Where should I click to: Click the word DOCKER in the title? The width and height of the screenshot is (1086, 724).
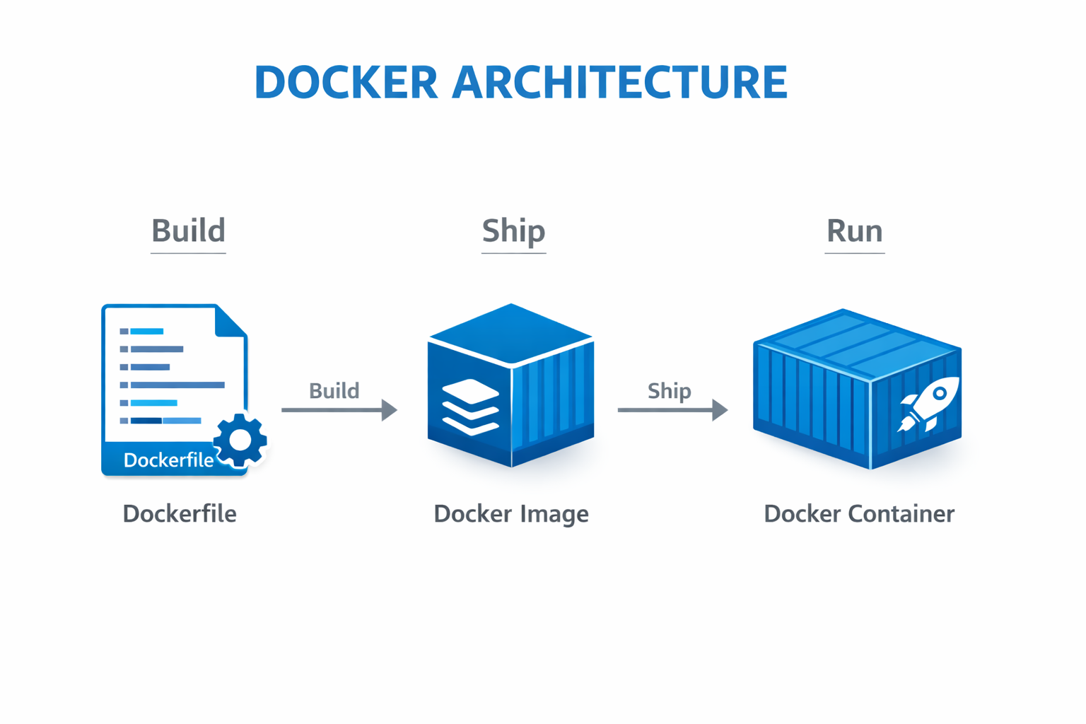[x=346, y=82]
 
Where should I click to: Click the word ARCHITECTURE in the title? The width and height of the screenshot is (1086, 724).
[x=619, y=82]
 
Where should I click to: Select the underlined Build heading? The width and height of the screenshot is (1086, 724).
[x=188, y=231]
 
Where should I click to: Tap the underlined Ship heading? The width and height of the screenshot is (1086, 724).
[x=513, y=231]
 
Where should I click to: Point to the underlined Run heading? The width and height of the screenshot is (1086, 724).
[x=854, y=231]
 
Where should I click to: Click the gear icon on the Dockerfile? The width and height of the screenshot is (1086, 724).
[x=240, y=440]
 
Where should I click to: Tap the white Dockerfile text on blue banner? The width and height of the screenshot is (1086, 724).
[x=168, y=460]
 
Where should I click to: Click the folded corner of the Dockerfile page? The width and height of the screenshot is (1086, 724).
[x=231, y=321]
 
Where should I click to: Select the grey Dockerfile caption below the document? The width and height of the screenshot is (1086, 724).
[x=180, y=514]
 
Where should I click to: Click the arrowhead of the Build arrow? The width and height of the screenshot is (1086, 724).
[x=389, y=410]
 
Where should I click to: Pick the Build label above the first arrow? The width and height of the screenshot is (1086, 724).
[x=334, y=391]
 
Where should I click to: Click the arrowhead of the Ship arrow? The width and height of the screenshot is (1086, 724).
[x=719, y=410]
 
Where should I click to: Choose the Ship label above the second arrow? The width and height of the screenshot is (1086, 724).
[x=669, y=391]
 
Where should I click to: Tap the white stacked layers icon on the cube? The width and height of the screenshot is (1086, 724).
[x=470, y=407]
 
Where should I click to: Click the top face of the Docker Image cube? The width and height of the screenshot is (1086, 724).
[x=510, y=332]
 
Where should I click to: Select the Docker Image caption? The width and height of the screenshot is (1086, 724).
[x=510, y=514]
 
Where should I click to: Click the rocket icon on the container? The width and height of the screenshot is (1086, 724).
[x=928, y=404]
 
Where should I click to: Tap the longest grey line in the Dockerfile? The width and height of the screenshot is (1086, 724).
[x=177, y=385]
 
